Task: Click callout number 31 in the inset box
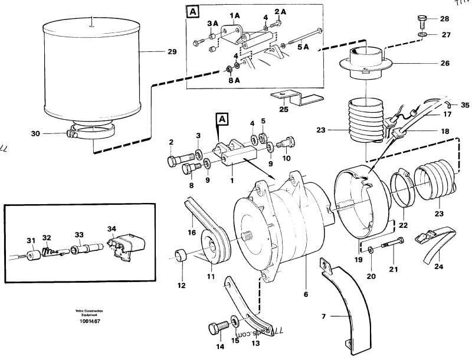[31, 240]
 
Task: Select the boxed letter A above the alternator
[222, 120]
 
